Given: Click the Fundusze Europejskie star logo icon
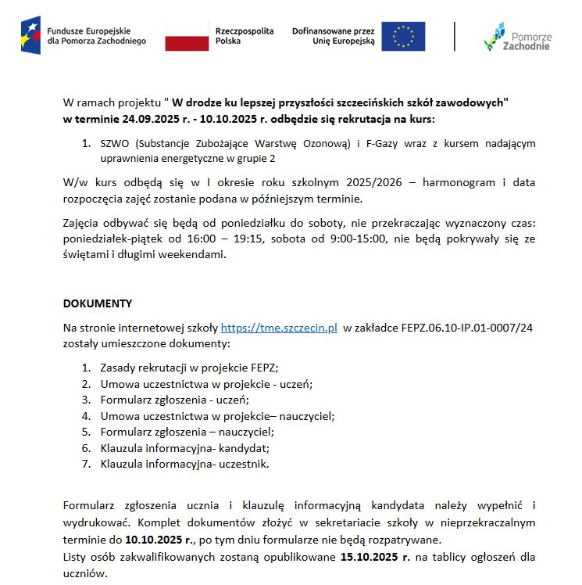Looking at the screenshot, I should coord(32,36).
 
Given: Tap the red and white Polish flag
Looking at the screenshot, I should coord(187,37).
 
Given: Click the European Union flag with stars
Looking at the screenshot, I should coord(403,36).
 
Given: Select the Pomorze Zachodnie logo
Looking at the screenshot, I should coord(517,37).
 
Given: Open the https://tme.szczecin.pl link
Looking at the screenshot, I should coord(279,328).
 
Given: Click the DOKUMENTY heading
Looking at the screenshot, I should coord(97,303).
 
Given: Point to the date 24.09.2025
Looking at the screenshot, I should coord(142,119).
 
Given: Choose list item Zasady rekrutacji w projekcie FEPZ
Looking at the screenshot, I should coord(189,367).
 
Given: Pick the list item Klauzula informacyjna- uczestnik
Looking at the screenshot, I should coord(184,464).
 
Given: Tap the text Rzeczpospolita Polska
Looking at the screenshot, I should coord(245,36).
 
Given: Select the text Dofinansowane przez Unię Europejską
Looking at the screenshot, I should coord(334,36).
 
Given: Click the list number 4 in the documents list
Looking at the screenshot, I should coord(86,415).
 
